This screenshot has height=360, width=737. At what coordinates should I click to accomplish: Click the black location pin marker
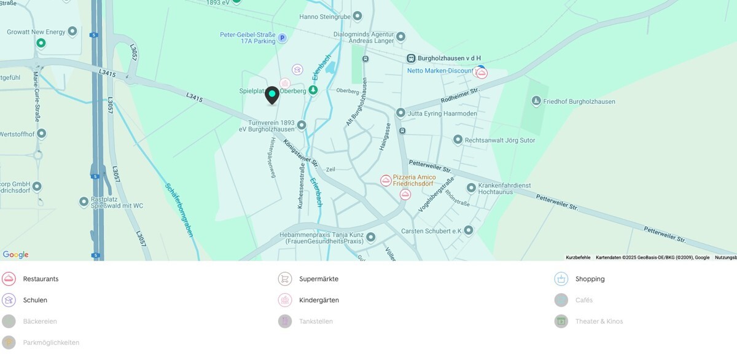271,95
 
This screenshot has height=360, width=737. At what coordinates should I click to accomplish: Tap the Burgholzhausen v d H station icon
411,58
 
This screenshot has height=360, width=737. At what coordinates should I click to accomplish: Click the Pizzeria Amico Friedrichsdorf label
414,180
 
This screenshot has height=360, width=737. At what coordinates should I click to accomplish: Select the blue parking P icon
282,38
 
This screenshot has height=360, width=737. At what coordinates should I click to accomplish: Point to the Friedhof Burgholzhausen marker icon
536,101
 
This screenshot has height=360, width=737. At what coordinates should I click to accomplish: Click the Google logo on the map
15,254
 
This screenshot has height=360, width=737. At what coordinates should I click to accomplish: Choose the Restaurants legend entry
41,279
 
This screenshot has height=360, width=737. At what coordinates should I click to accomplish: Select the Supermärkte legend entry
318,279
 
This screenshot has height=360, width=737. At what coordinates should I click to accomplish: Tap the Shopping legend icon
561,279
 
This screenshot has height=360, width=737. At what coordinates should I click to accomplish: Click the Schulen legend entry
35,300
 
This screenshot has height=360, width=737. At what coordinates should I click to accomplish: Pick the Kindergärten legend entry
319,300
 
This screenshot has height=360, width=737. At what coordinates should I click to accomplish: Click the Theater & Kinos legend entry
599,321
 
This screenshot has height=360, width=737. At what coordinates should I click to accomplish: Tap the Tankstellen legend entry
316,321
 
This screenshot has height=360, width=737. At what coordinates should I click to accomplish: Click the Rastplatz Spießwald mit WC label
117,202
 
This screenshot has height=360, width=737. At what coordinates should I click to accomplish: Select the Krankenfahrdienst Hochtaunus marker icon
471,187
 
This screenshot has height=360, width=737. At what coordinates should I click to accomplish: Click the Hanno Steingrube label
326,17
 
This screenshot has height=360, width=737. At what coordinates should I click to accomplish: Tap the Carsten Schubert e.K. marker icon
469,230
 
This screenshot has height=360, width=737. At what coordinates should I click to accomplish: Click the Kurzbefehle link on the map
578,257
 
